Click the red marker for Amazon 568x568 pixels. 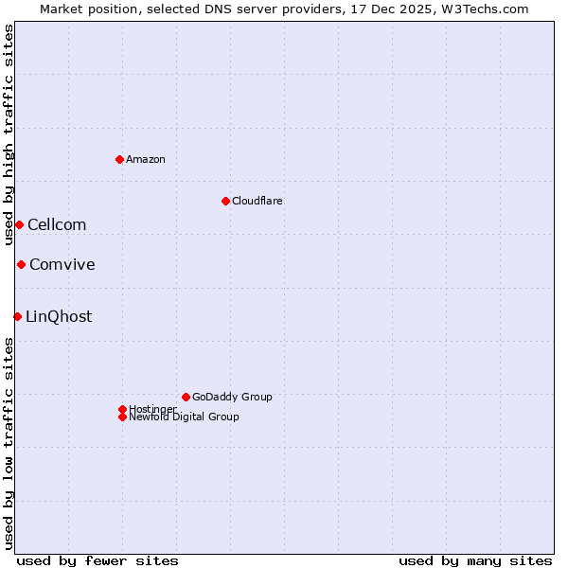pyautogui.click(x=119, y=159)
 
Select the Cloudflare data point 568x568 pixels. pyautogui.click(x=225, y=201)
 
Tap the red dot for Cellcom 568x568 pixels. pyautogui.click(x=19, y=224)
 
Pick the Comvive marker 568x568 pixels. pyautogui.click(x=21, y=264)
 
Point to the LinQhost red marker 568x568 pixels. pyautogui.click(x=17, y=316)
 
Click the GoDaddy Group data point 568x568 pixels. pyautogui.click(x=186, y=397)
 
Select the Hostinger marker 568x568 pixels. pyautogui.click(x=122, y=409)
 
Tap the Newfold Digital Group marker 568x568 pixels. pyautogui.click(x=122, y=417)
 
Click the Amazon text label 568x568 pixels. pyautogui.click(x=146, y=159)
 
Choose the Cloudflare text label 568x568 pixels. pyautogui.click(x=257, y=201)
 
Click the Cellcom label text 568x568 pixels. pyautogui.click(x=57, y=224)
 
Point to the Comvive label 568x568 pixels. pyautogui.click(x=62, y=264)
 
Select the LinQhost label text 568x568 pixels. pyautogui.click(x=59, y=316)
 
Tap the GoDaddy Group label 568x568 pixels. pyautogui.click(x=232, y=397)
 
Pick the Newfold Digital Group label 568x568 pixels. pyautogui.click(x=185, y=417)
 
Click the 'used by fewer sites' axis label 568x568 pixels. pyautogui.click(x=98, y=560)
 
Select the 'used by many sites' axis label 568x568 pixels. pyautogui.click(x=475, y=560)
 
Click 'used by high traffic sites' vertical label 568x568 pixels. pyautogui.click(x=9, y=134)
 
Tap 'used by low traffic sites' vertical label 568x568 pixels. pyautogui.click(x=9, y=443)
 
